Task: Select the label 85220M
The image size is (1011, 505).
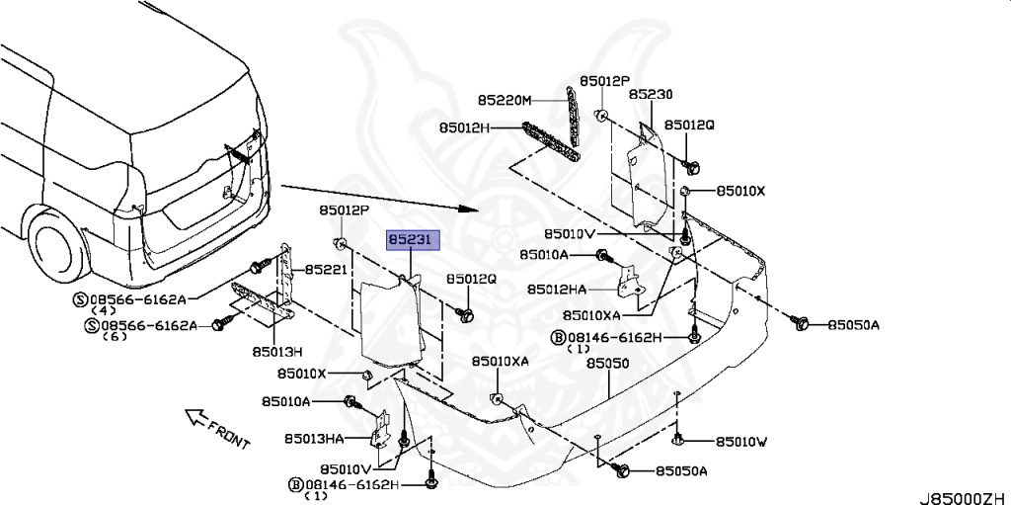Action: click(505, 101)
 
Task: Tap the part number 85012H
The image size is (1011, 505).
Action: click(466, 127)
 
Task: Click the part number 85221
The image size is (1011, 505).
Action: click(325, 269)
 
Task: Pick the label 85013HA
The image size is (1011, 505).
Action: click(314, 438)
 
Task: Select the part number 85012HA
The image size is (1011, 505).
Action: click(557, 290)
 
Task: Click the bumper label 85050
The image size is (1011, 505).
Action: click(607, 364)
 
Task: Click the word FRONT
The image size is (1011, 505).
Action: click(229, 431)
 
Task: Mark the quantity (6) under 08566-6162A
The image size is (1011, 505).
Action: click(117, 336)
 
